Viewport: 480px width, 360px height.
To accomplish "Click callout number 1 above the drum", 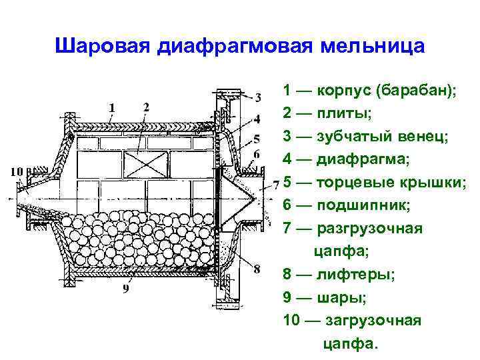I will (111, 107).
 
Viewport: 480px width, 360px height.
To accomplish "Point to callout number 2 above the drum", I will (147, 107).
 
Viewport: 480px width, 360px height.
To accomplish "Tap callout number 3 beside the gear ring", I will (258, 97).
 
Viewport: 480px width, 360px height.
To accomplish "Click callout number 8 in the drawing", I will (257, 269).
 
